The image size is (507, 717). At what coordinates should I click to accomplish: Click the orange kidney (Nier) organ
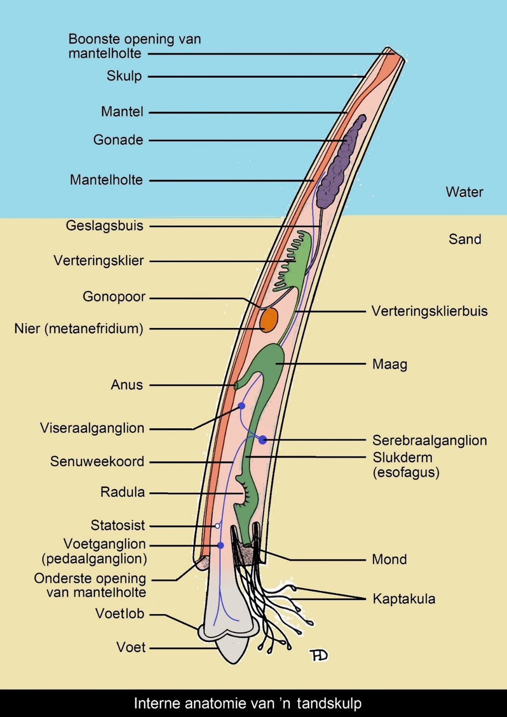(x=269, y=320)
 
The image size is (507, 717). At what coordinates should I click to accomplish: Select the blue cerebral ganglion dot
(x=262, y=439)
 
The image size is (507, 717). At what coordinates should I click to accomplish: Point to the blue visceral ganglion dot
(x=242, y=406)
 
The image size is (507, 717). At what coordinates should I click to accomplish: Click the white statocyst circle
(x=217, y=526)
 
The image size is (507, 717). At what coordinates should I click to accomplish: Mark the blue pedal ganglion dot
(x=221, y=545)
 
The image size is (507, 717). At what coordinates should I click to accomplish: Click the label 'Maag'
(x=390, y=364)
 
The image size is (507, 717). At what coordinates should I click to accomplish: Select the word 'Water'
(x=464, y=192)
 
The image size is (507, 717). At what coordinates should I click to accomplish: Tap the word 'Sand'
(x=464, y=239)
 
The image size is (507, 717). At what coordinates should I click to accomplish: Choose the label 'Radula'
(x=123, y=492)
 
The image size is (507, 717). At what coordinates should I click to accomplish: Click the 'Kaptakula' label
(x=404, y=599)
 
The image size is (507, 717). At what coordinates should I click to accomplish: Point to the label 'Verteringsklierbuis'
(x=429, y=311)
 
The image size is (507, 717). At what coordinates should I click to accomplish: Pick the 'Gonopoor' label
(x=114, y=297)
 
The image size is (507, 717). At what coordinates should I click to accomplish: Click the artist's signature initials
(x=319, y=655)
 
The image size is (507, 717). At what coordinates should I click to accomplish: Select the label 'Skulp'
(x=124, y=76)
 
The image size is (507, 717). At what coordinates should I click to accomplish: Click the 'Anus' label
(x=126, y=385)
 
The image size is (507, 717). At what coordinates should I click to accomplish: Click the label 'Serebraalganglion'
(x=429, y=441)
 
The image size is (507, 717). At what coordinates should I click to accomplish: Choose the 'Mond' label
(x=389, y=559)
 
